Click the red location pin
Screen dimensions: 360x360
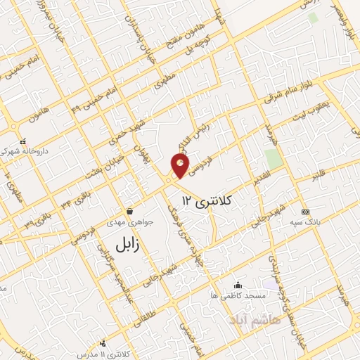tap(181, 166)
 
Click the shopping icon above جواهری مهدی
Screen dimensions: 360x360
tap(129, 211)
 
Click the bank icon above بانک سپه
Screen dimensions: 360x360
tap(304, 212)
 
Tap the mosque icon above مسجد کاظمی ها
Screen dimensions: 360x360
tap(238, 285)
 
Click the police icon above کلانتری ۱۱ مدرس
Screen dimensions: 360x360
tap(104, 342)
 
